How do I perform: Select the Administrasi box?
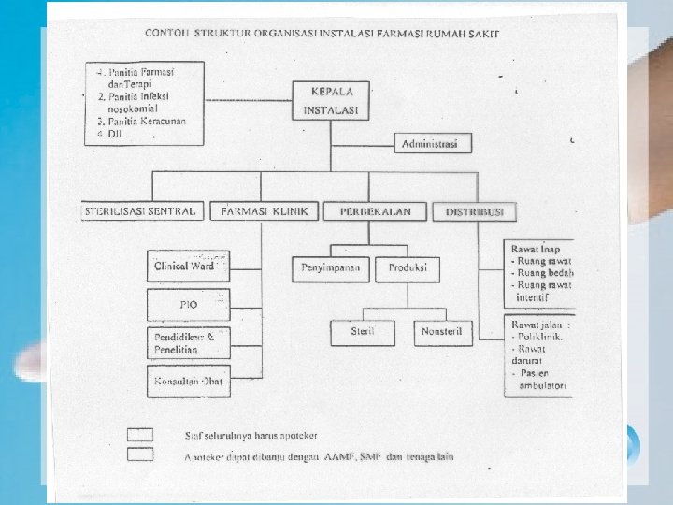[x=430, y=144]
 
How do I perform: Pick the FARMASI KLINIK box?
[x=265, y=212]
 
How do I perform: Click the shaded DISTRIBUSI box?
[x=474, y=212]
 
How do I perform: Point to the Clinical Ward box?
[x=187, y=267]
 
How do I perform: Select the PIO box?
[x=187, y=304]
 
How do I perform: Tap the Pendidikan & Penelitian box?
[x=187, y=341]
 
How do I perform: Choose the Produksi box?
[x=408, y=268]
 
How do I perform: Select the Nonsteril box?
[x=444, y=331]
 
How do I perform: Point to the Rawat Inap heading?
[x=534, y=249]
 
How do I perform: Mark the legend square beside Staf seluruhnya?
[x=140, y=434]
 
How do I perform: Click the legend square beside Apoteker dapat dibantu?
[x=140, y=454]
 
